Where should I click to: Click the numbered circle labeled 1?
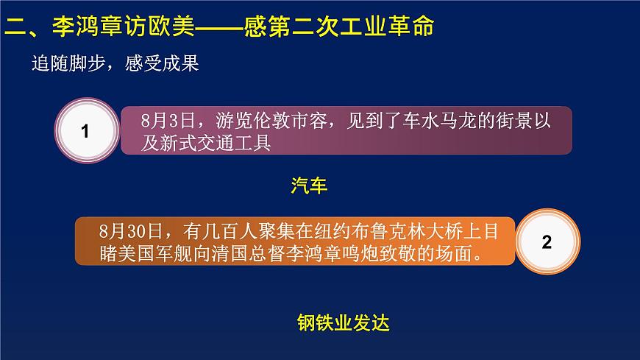85,131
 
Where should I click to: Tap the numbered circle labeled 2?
546,242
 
